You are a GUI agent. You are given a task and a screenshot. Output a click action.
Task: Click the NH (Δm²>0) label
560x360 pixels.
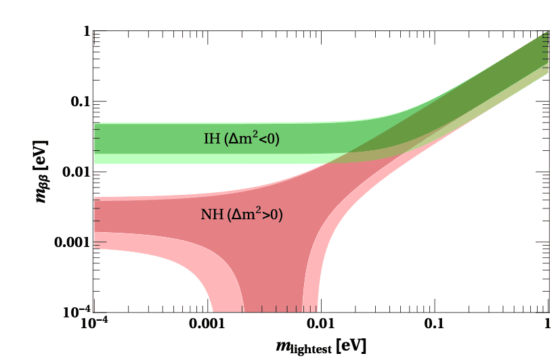pyautogui.click(x=242, y=215)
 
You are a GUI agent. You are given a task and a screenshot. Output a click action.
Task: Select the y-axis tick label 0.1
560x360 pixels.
pyautogui.click(x=80, y=102)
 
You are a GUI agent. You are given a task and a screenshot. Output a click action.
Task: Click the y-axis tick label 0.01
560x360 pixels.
pyautogui.click(x=77, y=172)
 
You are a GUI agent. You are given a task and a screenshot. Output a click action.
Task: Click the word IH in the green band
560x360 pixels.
pyautogui.click(x=211, y=139)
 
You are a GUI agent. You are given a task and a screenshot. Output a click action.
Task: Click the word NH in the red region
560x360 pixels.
pyautogui.click(x=211, y=215)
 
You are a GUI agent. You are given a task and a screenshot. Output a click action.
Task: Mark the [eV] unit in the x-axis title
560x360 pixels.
pyautogui.click(x=354, y=346)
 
